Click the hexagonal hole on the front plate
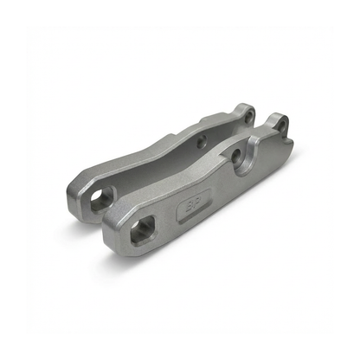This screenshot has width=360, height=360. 142,232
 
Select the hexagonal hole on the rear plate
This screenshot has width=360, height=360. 102,199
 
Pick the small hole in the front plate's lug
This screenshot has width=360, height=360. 280,127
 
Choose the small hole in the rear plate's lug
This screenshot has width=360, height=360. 247,114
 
